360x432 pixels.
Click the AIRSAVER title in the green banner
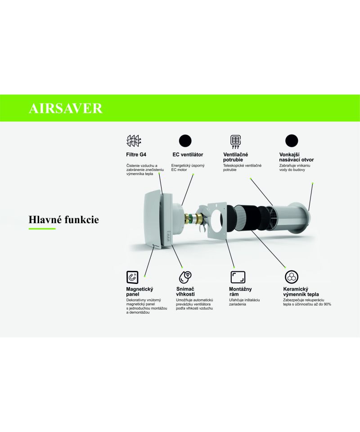tap(66, 108)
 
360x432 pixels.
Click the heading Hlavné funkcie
tap(63, 220)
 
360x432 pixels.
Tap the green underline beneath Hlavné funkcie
tap(42, 229)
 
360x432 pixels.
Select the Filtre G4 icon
tap(134, 141)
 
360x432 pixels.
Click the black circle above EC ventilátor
tap(185, 141)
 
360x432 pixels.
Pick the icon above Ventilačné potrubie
tap(235, 142)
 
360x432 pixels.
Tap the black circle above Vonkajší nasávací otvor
tap(292, 140)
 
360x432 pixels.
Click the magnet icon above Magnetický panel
tap(132, 277)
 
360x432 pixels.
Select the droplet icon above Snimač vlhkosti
tap(185, 277)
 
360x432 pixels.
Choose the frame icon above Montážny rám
tap(238, 277)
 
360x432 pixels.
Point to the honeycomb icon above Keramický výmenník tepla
tap(292, 277)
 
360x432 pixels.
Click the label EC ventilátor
tap(188, 154)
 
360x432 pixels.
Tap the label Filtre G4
tap(136, 154)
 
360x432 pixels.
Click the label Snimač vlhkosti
tap(185, 292)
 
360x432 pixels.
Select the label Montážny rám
tap(240, 292)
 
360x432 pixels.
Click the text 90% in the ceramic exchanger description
tap(327, 304)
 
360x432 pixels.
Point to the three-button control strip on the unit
tap(169, 236)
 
